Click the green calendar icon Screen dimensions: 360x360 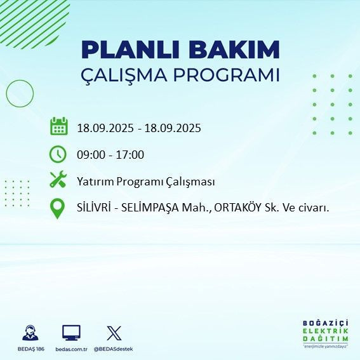[x=58, y=126]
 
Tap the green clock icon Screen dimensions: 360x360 [x=58, y=154]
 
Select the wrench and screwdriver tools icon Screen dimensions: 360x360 [x=58, y=180]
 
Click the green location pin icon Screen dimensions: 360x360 [x=58, y=208]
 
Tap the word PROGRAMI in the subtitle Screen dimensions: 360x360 [x=227, y=75]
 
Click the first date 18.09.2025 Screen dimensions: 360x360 [x=105, y=128]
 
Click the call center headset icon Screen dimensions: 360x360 [x=30, y=333]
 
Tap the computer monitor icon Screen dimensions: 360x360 [x=71, y=333]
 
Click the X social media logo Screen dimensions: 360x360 [x=114, y=333]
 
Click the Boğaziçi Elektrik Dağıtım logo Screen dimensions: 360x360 [x=325, y=333]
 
